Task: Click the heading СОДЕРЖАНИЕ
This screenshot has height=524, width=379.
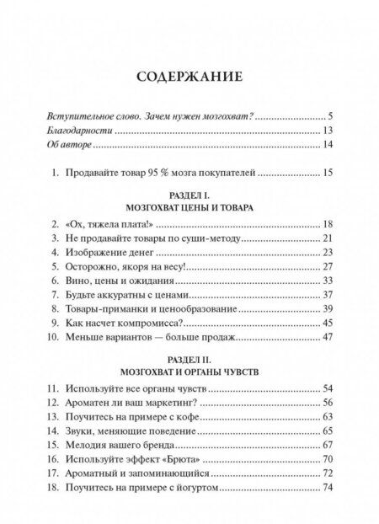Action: pyautogui.click(x=189, y=78)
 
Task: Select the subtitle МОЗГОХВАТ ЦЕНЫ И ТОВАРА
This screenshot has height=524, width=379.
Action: pyautogui.click(x=189, y=207)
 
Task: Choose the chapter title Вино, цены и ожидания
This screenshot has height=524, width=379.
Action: pyautogui.click(x=124, y=281)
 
